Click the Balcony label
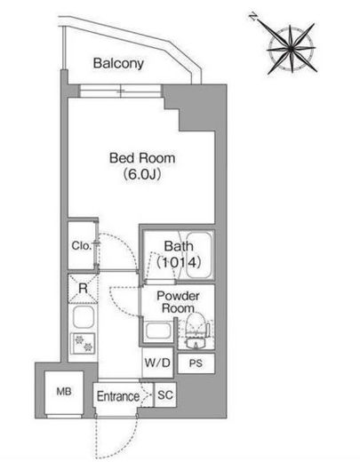point(118,63)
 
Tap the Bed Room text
point(142,158)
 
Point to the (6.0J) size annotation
point(142,174)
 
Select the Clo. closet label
point(81,245)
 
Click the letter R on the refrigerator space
point(83,288)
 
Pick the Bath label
point(179,246)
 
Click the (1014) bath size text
point(179,262)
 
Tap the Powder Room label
point(178,302)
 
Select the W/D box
point(157,362)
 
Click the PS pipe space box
point(196,363)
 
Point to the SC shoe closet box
point(165,394)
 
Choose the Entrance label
point(118,396)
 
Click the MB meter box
point(64,393)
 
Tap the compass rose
point(292,48)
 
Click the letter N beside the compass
point(252,17)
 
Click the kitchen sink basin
point(83,317)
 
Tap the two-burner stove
point(83,343)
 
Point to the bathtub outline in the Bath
point(199,255)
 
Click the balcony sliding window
point(121,91)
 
